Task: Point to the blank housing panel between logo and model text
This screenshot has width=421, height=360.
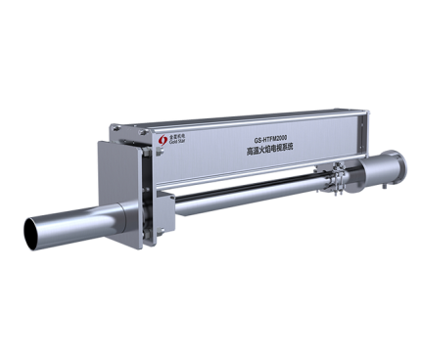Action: [x=210, y=147]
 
